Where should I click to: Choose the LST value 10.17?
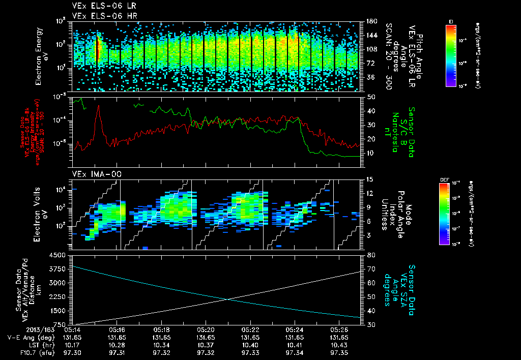coord(73,344)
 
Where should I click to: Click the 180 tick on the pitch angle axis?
coord(370,21)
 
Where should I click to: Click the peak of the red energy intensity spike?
coord(98,106)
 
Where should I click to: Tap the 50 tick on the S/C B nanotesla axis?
coord(370,97)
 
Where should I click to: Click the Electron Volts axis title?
coord(39,214)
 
